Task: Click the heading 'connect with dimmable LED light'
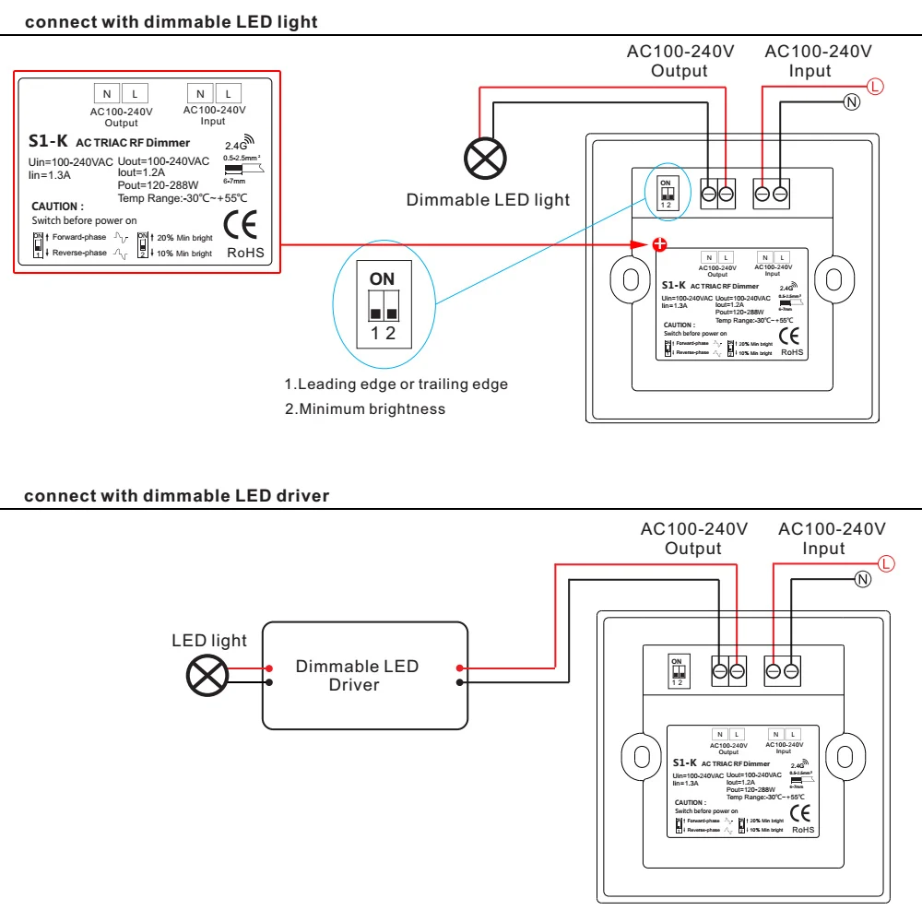(x=171, y=22)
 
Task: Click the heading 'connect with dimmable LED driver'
(x=176, y=496)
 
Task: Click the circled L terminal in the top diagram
(x=875, y=87)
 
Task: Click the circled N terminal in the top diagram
(x=851, y=101)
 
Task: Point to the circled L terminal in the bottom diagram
(x=887, y=563)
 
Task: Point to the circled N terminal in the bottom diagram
(x=863, y=579)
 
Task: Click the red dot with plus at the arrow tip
(x=659, y=244)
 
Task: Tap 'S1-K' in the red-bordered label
(x=48, y=142)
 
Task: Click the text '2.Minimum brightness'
(x=364, y=408)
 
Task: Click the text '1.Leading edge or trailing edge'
(x=396, y=384)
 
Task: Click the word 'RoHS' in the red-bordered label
(x=245, y=252)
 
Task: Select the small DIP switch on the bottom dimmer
(x=677, y=671)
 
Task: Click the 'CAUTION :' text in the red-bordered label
(x=57, y=207)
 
